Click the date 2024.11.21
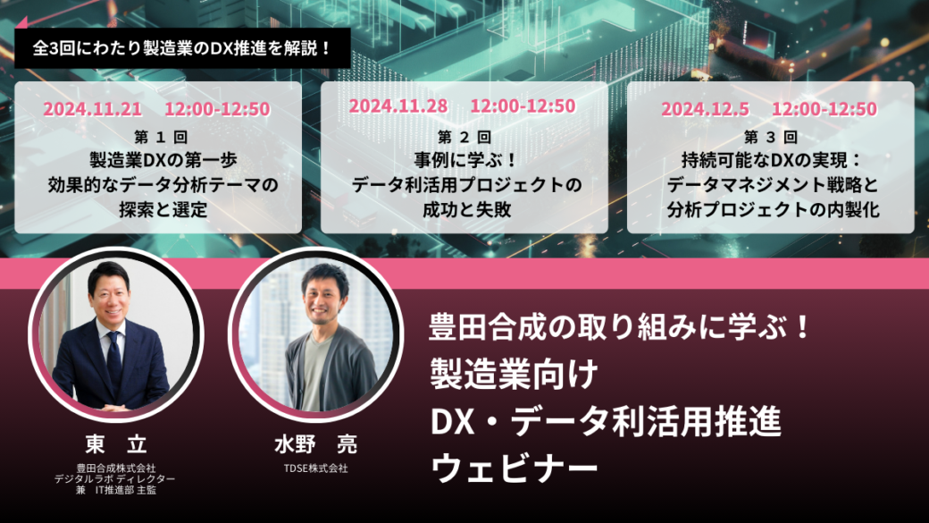[x=92, y=109]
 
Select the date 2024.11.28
[x=398, y=106]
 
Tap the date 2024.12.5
[x=705, y=109]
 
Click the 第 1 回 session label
[x=161, y=138]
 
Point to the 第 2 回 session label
[x=464, y=138]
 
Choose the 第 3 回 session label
[x=771, y=138]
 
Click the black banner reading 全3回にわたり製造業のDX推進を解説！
[x=182, y=48]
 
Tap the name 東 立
[x=116, y=443]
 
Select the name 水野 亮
[x=316, y=444]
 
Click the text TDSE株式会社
[x=316, y=468]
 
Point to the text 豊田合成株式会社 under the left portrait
[x=116, y=468]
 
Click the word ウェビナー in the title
[x=515, y=468]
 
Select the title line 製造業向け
[x=515, y=375]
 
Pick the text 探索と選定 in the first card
[x=163, y=210]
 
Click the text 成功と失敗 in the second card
[x=467, y=210]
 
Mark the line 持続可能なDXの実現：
[x=772, y=161]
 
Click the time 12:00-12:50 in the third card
[x=824, y=109]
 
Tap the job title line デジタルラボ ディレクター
[x=115, y=479]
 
